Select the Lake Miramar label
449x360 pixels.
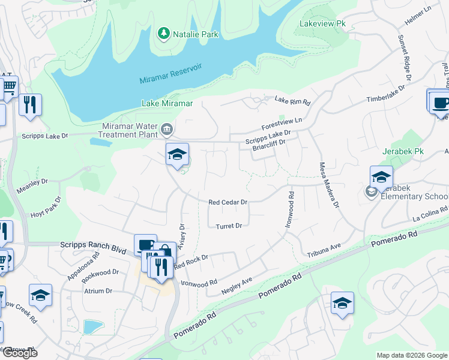pyautogui.click(x=167, y=103)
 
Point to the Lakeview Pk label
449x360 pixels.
pyautogui.click(x=322, y=24)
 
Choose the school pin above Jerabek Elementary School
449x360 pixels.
pyautogui.click(x=381, y=177)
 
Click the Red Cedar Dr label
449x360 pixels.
pyautogui.click(x=228, y=203)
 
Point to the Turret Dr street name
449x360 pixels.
pyautogui.click(x=229, y=226)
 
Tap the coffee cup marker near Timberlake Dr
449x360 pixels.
pyautogui.click(x=441, y=102)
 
